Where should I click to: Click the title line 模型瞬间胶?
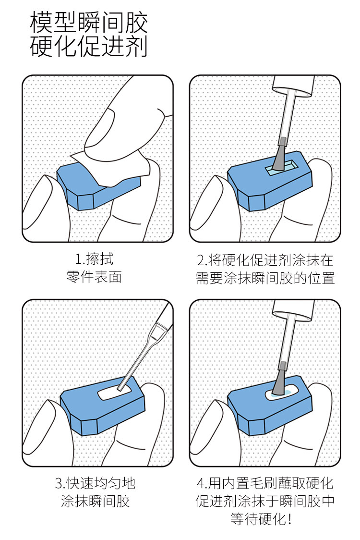[89, 23]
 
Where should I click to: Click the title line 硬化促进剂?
[89, 46]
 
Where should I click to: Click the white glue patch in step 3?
[115, 393]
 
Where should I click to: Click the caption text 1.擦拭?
[94, 259]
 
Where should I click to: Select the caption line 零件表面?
[94, 277]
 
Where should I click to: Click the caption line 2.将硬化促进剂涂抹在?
[265, 260]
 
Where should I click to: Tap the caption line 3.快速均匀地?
[95, 483]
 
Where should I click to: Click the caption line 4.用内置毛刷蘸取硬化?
[265, 483]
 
